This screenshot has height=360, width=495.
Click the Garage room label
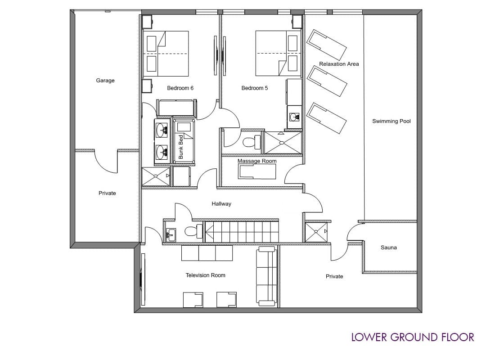pyautogui.click(x=105, y=81)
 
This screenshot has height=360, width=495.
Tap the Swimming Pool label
pyautogui.click(x=391, y=121)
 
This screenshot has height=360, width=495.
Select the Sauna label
pyautogui.click(x=389, y=247)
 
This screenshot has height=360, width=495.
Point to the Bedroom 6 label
pyautogui.click(x=180, y=88)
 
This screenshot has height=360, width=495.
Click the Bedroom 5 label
pyautogui.click(x=255, y=88)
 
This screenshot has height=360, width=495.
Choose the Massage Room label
pyautogui.click(x=257, y=161)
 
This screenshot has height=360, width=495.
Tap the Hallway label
pyautogui.click(x=221, y=204)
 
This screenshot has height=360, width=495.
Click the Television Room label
pyautogui.click(x=206, y=275)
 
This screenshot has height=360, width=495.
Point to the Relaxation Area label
pyautogui.click(x=339, y=64)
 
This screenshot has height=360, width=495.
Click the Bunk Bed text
pyautogui.click(x=180, y=147)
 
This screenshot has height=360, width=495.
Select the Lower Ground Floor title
pyautogui.click(x=413, y=337)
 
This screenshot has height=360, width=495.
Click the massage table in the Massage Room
pyautogui.click(x=257, y=172)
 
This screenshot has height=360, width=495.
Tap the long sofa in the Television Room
pyautogui.click(x=266, y=277)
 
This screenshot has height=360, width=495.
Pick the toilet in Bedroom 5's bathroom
pyautogui.click(x=252, y=142)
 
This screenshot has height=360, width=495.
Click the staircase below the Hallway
pyautogui.click(x=242, y=231)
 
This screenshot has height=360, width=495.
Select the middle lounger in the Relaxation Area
pyautogui.click(x=327, y=81)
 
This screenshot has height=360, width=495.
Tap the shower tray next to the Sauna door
pyautogui.click(x=316, y=232)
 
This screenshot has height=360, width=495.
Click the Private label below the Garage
pyautogui.click(x=107, y=193)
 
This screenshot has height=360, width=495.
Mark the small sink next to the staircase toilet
pyautogui.click(x=171, y=234)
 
